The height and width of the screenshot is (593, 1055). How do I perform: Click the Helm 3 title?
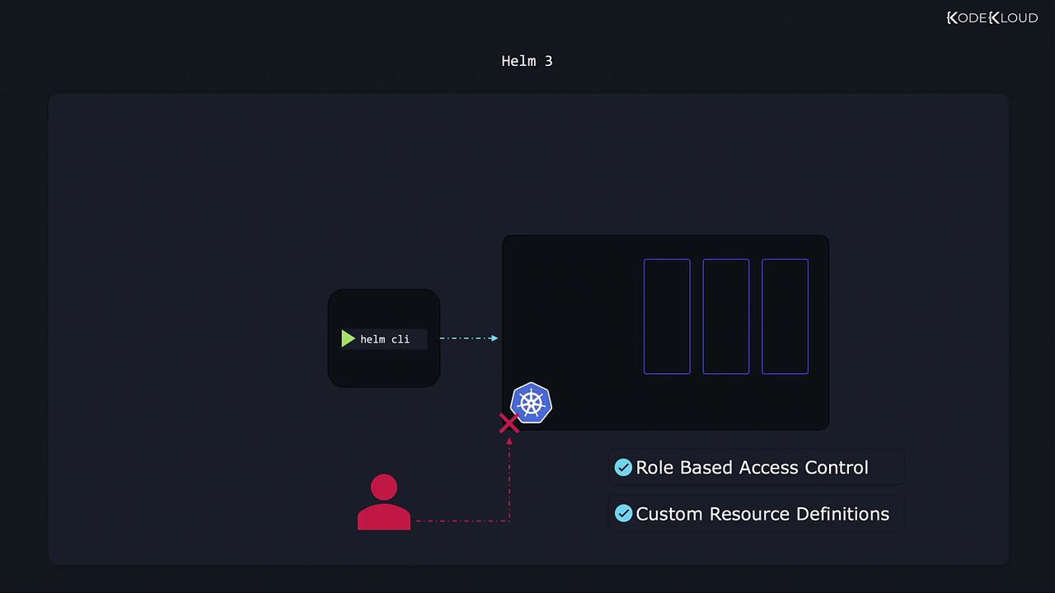[x=527, y=61]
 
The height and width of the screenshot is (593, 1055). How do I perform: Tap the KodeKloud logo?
[x=992, y=18]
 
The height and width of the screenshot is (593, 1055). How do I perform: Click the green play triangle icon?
[x=348, y=339]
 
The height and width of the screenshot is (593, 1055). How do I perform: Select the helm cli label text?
[x=385, y=339]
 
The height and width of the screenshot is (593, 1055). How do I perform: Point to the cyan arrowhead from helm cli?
[x=494, y=338]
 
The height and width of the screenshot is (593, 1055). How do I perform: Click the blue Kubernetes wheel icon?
[x=532, y=403]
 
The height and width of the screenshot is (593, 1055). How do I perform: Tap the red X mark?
[x=509, y=423]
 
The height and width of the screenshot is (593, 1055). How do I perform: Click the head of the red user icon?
[x=384, y=487]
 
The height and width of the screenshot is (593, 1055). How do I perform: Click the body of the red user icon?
[x=384, y=516]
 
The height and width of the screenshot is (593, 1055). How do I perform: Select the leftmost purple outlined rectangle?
[x=667, y=317]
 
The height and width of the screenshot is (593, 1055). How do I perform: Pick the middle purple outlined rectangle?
[x=726, y=317]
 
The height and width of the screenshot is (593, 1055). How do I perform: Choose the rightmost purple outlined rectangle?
[x=785, y=317]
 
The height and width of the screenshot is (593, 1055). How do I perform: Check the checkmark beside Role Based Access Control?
[x=623, y=467]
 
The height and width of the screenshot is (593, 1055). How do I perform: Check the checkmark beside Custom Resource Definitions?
[x=623, y=513]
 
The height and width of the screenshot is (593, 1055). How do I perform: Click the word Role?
[x=654, y=467]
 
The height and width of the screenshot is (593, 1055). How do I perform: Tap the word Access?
[x=769, y=467]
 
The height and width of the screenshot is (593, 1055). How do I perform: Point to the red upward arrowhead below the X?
[x=509, y=441]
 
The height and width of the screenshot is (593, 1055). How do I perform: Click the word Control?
[x=837, y=467]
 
